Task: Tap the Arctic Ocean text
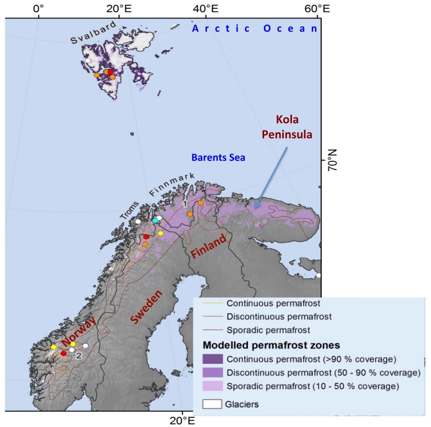[x=255, y=28]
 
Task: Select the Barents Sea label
[x=218, y=158]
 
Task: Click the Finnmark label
[x=172, y=184]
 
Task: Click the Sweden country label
[x=146, y=306]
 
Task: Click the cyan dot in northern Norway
[x=154, y=220]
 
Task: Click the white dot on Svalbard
[x=88, y=61]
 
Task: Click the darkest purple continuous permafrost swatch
[x=212, y=359]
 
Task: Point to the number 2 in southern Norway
[x=79, y=355]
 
